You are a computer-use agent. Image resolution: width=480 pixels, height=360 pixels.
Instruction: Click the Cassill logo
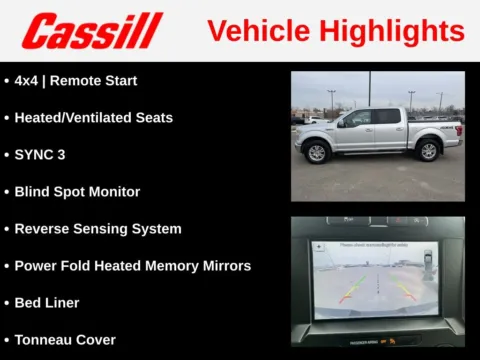pos(92,30)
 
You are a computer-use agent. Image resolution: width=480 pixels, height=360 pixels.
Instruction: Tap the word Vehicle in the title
pos(264,31)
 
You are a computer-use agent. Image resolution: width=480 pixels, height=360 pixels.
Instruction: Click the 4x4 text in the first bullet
pos(27,80)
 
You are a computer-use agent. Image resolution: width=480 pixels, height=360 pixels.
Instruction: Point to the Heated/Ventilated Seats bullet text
pos(93,117)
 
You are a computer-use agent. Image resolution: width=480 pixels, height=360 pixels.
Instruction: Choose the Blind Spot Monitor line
pos(77,191)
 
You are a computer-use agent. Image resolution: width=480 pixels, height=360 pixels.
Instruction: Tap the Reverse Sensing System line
pos(98,228)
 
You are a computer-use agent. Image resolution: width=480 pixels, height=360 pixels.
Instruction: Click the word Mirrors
pos(223,265)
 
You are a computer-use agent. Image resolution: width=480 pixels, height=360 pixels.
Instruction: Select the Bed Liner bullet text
pos(47,302)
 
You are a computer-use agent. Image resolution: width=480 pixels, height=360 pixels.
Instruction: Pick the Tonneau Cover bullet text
pos(65,339)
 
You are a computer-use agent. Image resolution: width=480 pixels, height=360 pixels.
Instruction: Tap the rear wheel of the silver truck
pos(429,150)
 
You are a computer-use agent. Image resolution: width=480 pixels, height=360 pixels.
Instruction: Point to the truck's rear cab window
pos(386,116)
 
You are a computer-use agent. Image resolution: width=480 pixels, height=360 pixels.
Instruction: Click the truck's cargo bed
pos(432,127)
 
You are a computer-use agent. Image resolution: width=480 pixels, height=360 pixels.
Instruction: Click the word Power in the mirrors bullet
pos(36,265)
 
